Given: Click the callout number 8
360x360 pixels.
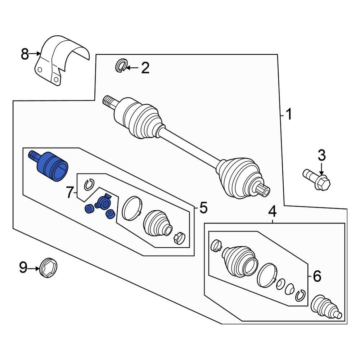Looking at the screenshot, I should [x=24, y=55].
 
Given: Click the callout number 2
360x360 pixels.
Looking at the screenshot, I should [x=145, y=68].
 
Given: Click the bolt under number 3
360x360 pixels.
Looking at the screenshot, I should [x=317, y=180].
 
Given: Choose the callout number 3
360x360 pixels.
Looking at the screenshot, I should [x=321, y=156].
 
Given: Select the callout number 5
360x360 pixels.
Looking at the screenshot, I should [x=203, y=208].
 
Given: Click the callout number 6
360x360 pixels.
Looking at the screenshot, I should [x=317, y=276].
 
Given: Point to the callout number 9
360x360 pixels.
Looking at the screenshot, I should [x=23, y=267].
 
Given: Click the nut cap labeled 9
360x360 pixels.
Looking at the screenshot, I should [x=48, y=268].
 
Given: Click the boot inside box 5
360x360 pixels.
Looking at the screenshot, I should [x=157, y=224].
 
